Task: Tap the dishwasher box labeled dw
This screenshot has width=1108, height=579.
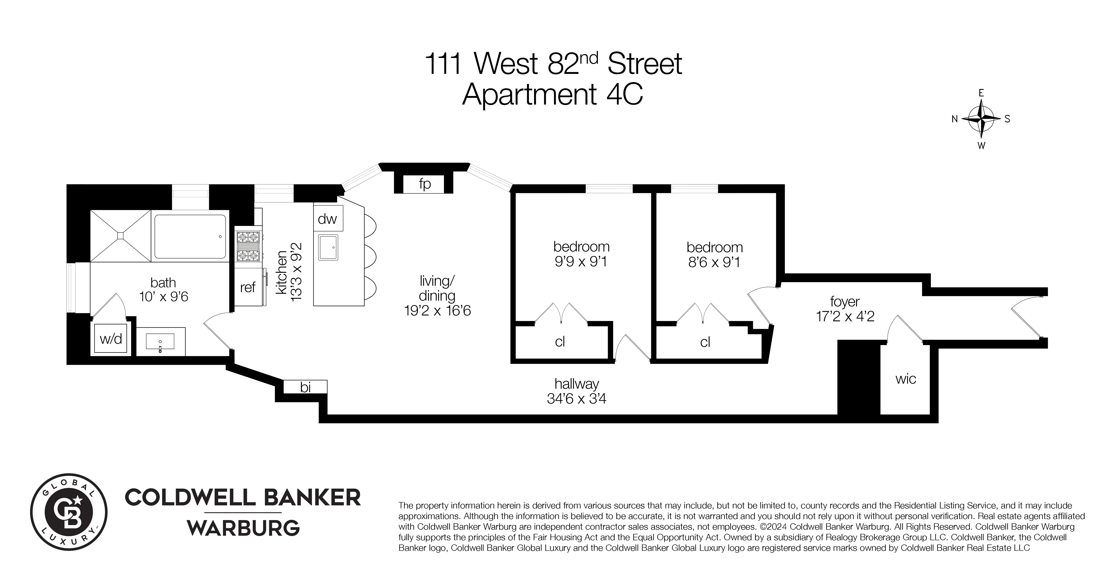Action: click(327, 219)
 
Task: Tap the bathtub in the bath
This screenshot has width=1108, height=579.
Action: click(190, 237)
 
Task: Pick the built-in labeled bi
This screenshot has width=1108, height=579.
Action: click(305, 387)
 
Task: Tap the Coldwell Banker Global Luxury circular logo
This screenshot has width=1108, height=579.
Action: click(69, 512)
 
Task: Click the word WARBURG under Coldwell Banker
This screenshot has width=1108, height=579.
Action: click(244, 528)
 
